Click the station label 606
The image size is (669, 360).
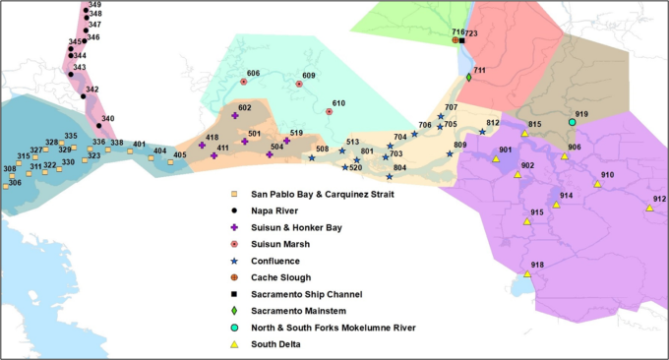click(253, 74)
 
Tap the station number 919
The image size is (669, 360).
click(581, 115)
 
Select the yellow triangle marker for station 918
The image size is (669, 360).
click(528, 274)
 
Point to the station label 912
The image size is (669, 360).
click(659, 200)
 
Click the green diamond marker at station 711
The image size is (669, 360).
click(469, 78)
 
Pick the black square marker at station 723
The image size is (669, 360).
click(461, 40)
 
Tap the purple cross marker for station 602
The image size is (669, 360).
click(235, 116)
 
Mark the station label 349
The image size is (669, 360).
click(94, 5)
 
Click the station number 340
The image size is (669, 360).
click(107, 118)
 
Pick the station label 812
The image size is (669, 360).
click(493, 123)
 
